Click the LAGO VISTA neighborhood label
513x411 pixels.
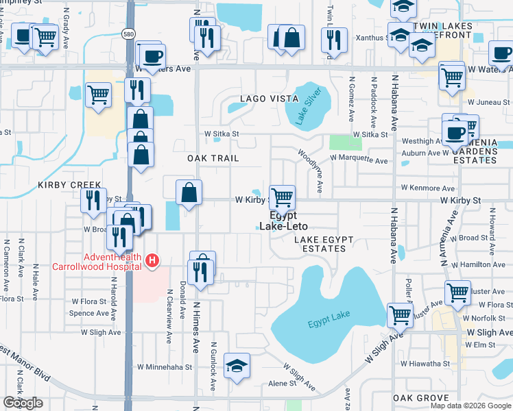269,99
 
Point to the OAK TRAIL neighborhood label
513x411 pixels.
213,158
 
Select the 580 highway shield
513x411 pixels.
128,33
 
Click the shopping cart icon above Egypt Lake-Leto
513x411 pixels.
283,197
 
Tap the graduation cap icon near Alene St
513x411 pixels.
237,365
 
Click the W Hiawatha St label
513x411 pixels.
425,364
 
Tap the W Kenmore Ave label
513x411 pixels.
428,188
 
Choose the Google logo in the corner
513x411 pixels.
23,403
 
